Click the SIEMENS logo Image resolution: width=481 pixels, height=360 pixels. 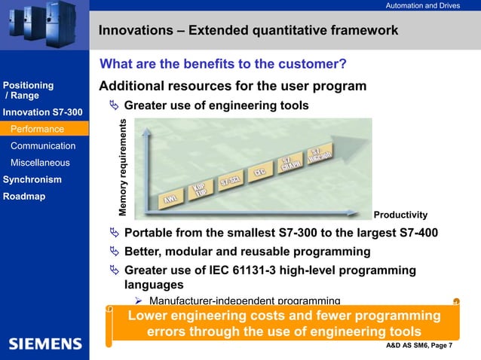pos(45,344)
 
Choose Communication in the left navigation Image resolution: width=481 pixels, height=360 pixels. pos(43,146)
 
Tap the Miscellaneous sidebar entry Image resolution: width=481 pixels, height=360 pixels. pos(40,163)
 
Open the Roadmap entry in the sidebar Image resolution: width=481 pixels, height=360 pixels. pos(24,197)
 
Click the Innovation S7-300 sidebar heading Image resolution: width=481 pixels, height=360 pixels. pos(43,113)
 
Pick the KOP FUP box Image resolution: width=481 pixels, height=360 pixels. pos(201,191)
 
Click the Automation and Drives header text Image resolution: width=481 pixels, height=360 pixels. pos(422,6)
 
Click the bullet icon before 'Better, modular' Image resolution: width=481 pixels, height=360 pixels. pos(115,251)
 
